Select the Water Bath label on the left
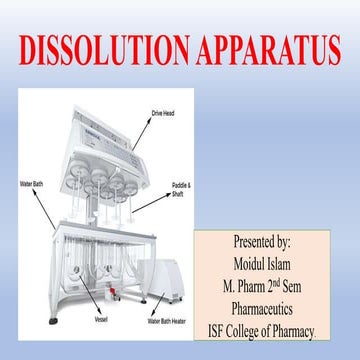pyautogui.click(x=32, y=185)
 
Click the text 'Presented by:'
pyautogui.click(x=261, y=241)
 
